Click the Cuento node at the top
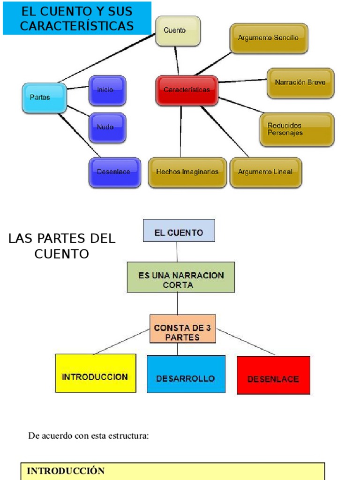coord(178,31)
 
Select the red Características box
coord(187,90)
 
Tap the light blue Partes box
coord(44,97)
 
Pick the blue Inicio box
coord(107,90)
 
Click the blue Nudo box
coord(107,127)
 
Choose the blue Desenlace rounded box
coord(114,172)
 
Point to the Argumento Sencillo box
coord(269,38)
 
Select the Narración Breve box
coord(300,82)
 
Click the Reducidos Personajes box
coord(297,129)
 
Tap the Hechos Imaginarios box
coord(187,172)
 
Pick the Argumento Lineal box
coord(265,172)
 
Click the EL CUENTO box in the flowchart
coord(179,231)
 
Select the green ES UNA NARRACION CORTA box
coord(180,280)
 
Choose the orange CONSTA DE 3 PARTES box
coord(182,332)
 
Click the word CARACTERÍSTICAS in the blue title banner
coord(77,26)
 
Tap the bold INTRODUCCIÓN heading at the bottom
coord(66,471)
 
